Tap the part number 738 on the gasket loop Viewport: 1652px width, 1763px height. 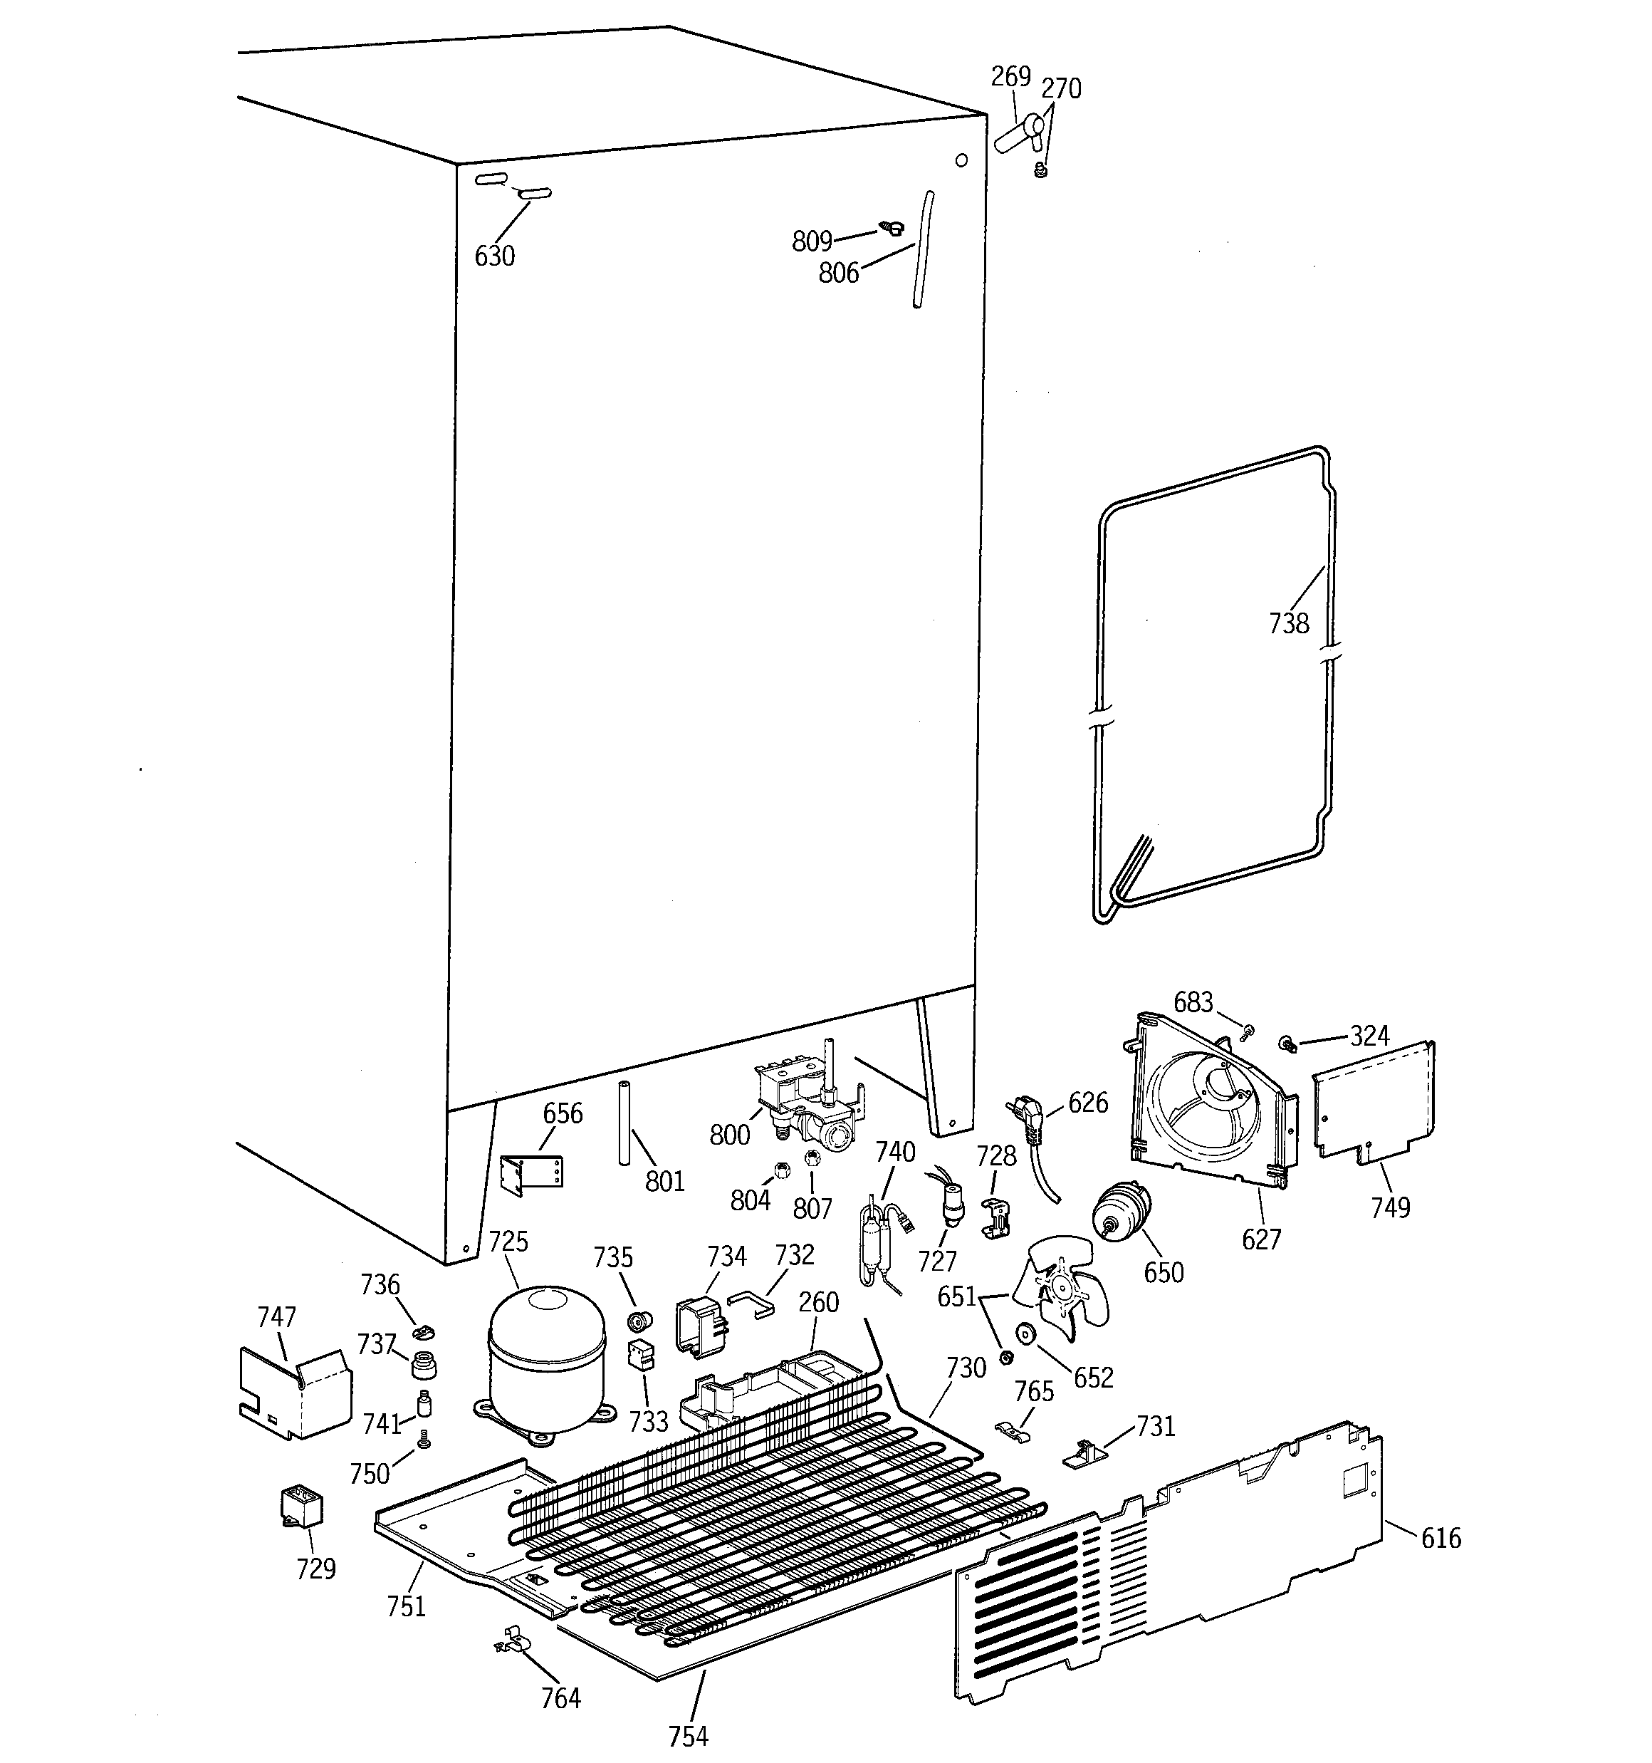tap(1287, 623)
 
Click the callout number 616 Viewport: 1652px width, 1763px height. tap(1440, 1537)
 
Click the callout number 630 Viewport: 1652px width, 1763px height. tap(494, 256)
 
